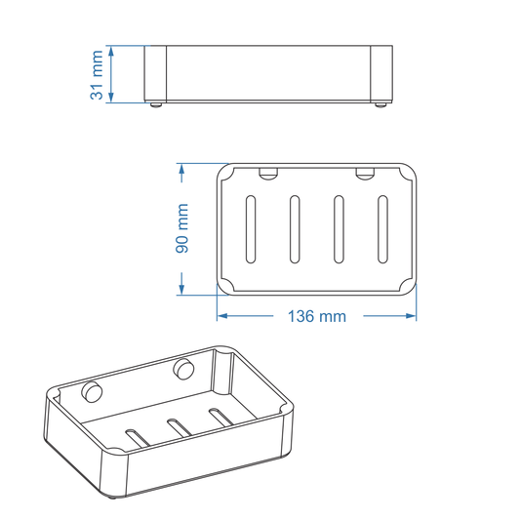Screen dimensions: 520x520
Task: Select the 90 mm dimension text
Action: coord(182,228)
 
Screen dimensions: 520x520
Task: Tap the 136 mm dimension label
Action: coord(316,317)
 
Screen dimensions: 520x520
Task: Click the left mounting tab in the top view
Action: coord(266,175)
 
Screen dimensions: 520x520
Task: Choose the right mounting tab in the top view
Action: coord(365,175)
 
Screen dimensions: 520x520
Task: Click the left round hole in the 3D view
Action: coord(93,392)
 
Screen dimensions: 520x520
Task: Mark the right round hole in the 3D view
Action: coord(182,369)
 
